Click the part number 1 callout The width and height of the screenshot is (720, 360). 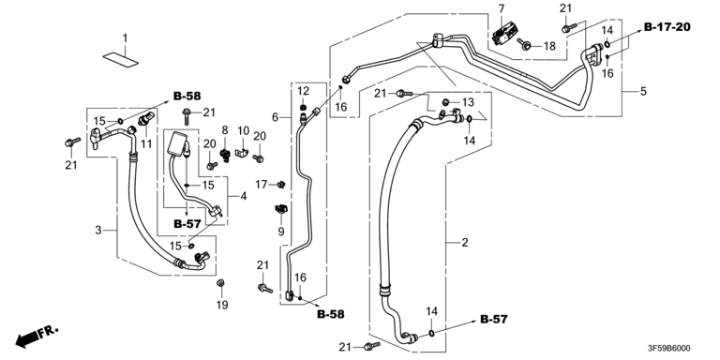click(125, 38)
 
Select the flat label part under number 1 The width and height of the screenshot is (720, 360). click(121, 60)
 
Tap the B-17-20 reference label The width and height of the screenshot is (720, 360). click(667, 27)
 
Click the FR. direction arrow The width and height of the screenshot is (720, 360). click(37, 337)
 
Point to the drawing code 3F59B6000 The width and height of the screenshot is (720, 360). click(667, 349)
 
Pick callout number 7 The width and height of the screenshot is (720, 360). click(501, 8)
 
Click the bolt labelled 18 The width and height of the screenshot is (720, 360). click(524, 44)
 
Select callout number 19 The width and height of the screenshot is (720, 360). click(222, 305)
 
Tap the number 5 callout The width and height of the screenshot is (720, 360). click(643, 91)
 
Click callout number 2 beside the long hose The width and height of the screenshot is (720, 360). click(465, 243)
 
